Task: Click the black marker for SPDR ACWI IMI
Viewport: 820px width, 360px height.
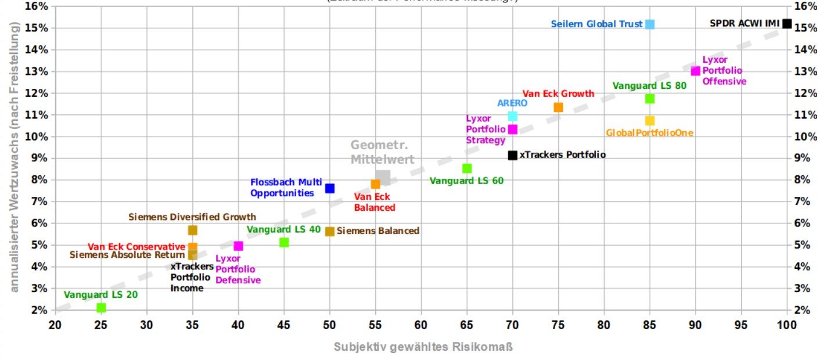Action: (x=787, y=24)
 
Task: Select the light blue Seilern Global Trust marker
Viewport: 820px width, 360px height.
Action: (x=650, y=24)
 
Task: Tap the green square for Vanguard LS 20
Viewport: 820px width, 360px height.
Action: (x=101, y=308)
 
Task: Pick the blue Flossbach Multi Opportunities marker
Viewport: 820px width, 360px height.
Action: (x=330, y=188)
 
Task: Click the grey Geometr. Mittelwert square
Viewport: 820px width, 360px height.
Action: (x=383, y=178)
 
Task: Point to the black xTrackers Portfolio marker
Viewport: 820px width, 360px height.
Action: (x=512, y=155)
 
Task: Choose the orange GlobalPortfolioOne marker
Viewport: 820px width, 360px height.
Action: (x=650, y=121)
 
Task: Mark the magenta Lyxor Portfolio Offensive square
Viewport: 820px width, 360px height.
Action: (x=695, y=71)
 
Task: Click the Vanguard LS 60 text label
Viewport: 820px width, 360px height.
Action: (x=466, y=181)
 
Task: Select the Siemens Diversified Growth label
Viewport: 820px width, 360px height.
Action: (x=192, y=217)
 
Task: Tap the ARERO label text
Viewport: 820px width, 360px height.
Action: (x=512, y=103)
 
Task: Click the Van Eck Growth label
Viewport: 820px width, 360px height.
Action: (x=558, y=93)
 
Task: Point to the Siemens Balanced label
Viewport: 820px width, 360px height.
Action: (x=377, y=231)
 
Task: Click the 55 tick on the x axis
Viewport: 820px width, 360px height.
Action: (x=375, y=324)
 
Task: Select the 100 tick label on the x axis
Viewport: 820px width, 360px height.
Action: (x=787, y=324)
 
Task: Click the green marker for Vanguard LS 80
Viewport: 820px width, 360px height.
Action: (x=650, y=99)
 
